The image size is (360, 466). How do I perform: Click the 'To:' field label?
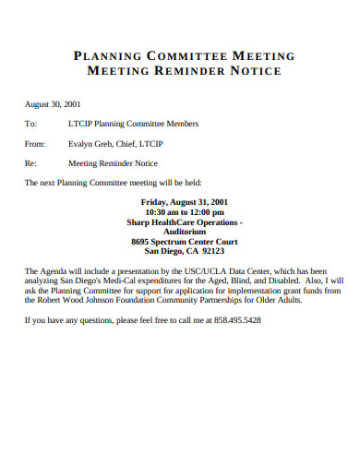[x=30, y=123]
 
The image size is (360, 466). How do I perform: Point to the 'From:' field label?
[x=34, y=143]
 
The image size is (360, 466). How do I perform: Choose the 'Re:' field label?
[x=30, y=162]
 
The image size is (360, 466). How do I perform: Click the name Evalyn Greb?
[x=91, y=143]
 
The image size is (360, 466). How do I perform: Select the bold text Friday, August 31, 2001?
[x=184, y=201]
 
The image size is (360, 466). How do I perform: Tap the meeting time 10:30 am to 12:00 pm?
[x=184, y=211]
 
